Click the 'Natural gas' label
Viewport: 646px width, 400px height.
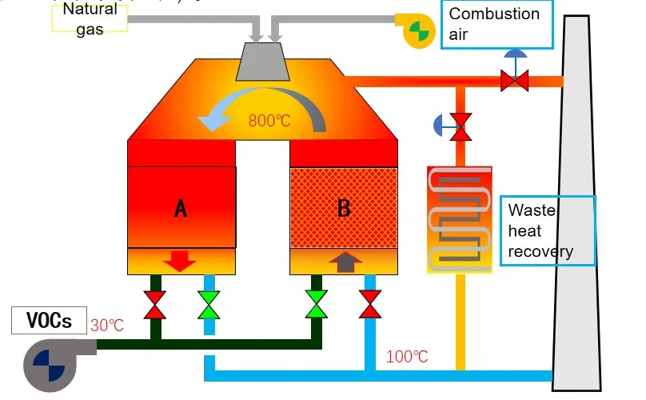[x=90, y=18]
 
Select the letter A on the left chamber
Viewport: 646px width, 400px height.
[x=181, y=209]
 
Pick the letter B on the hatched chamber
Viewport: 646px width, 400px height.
[x=344, y=209]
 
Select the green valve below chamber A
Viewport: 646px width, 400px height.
[x=209, y=305]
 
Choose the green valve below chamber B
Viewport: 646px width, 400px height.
[x=317, y=305]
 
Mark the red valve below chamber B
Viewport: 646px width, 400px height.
[x=370, y=305]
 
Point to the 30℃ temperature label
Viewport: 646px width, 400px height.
[x=107, y=326]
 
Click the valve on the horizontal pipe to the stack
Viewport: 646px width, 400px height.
[x=513, y=79]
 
